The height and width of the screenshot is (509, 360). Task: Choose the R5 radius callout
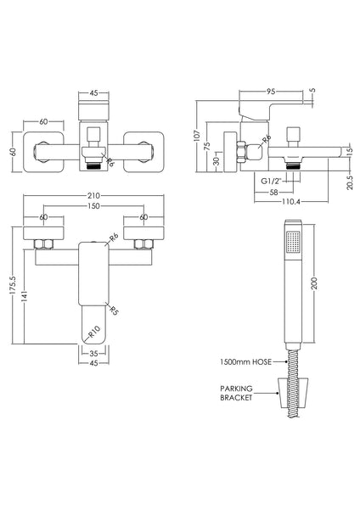[x=113, y=309]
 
